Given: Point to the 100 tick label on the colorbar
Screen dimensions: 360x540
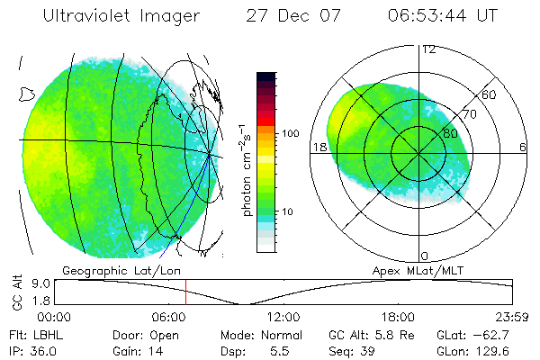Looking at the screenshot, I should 289,133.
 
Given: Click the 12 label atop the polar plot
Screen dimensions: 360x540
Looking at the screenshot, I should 428,49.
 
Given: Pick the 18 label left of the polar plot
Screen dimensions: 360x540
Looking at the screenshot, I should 319,147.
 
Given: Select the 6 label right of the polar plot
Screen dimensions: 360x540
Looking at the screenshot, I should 523,147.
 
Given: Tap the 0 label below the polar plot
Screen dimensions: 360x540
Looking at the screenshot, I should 425,256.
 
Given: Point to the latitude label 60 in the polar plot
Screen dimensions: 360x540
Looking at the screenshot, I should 490,94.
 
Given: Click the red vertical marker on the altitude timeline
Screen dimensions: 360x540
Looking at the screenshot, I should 185,292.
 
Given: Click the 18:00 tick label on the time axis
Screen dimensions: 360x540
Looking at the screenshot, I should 399,317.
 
